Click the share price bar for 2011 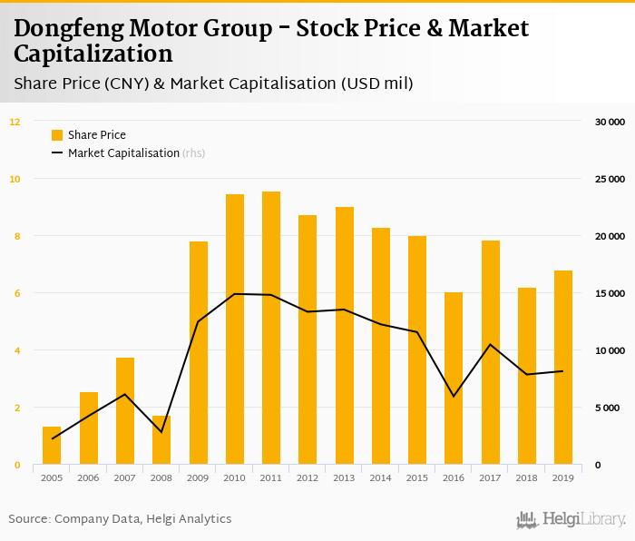tap(271, 328)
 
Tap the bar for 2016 tap(454, 379)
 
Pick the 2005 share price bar tap(52, 446)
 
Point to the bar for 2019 tap(563, 368)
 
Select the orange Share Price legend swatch tap(57, 135)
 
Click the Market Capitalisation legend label tap(123, 153)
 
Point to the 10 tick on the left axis tap(15, 179)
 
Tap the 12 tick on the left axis tap(15, 122)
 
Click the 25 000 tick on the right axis tap(610, 179)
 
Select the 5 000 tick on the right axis tap(612, 408)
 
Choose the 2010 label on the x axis tap(234, 478)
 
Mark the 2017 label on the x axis tap(490, 478)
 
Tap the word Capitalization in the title tap(93, 54)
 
